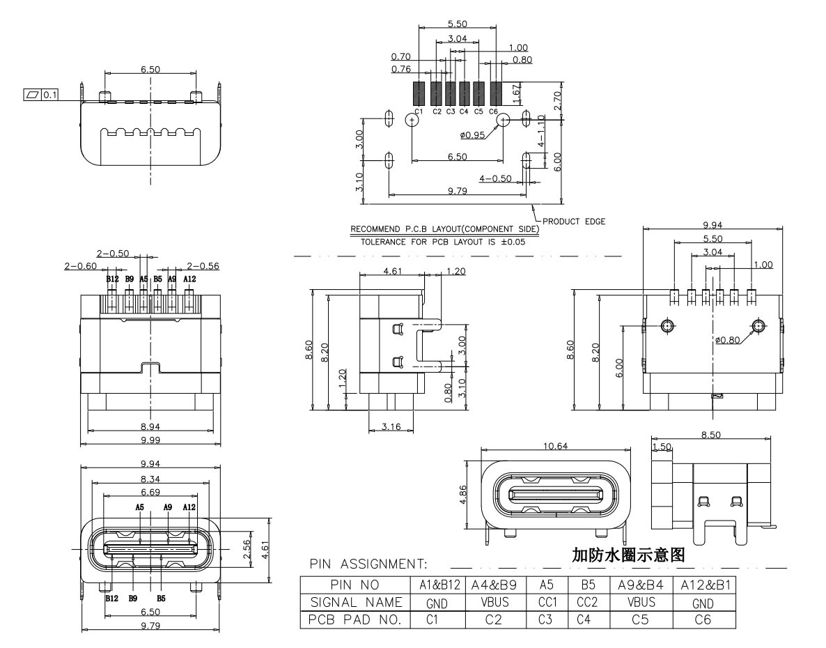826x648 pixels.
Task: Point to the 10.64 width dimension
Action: [554, 445]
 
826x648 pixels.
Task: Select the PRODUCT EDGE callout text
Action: [574, 222]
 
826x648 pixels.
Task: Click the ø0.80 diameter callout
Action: [727, 340]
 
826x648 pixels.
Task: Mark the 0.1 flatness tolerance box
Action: [49, 94]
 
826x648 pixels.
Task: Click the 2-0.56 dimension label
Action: [202, 265]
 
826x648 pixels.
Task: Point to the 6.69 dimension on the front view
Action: [150, 491]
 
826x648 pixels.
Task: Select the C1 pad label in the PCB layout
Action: [418, 111]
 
